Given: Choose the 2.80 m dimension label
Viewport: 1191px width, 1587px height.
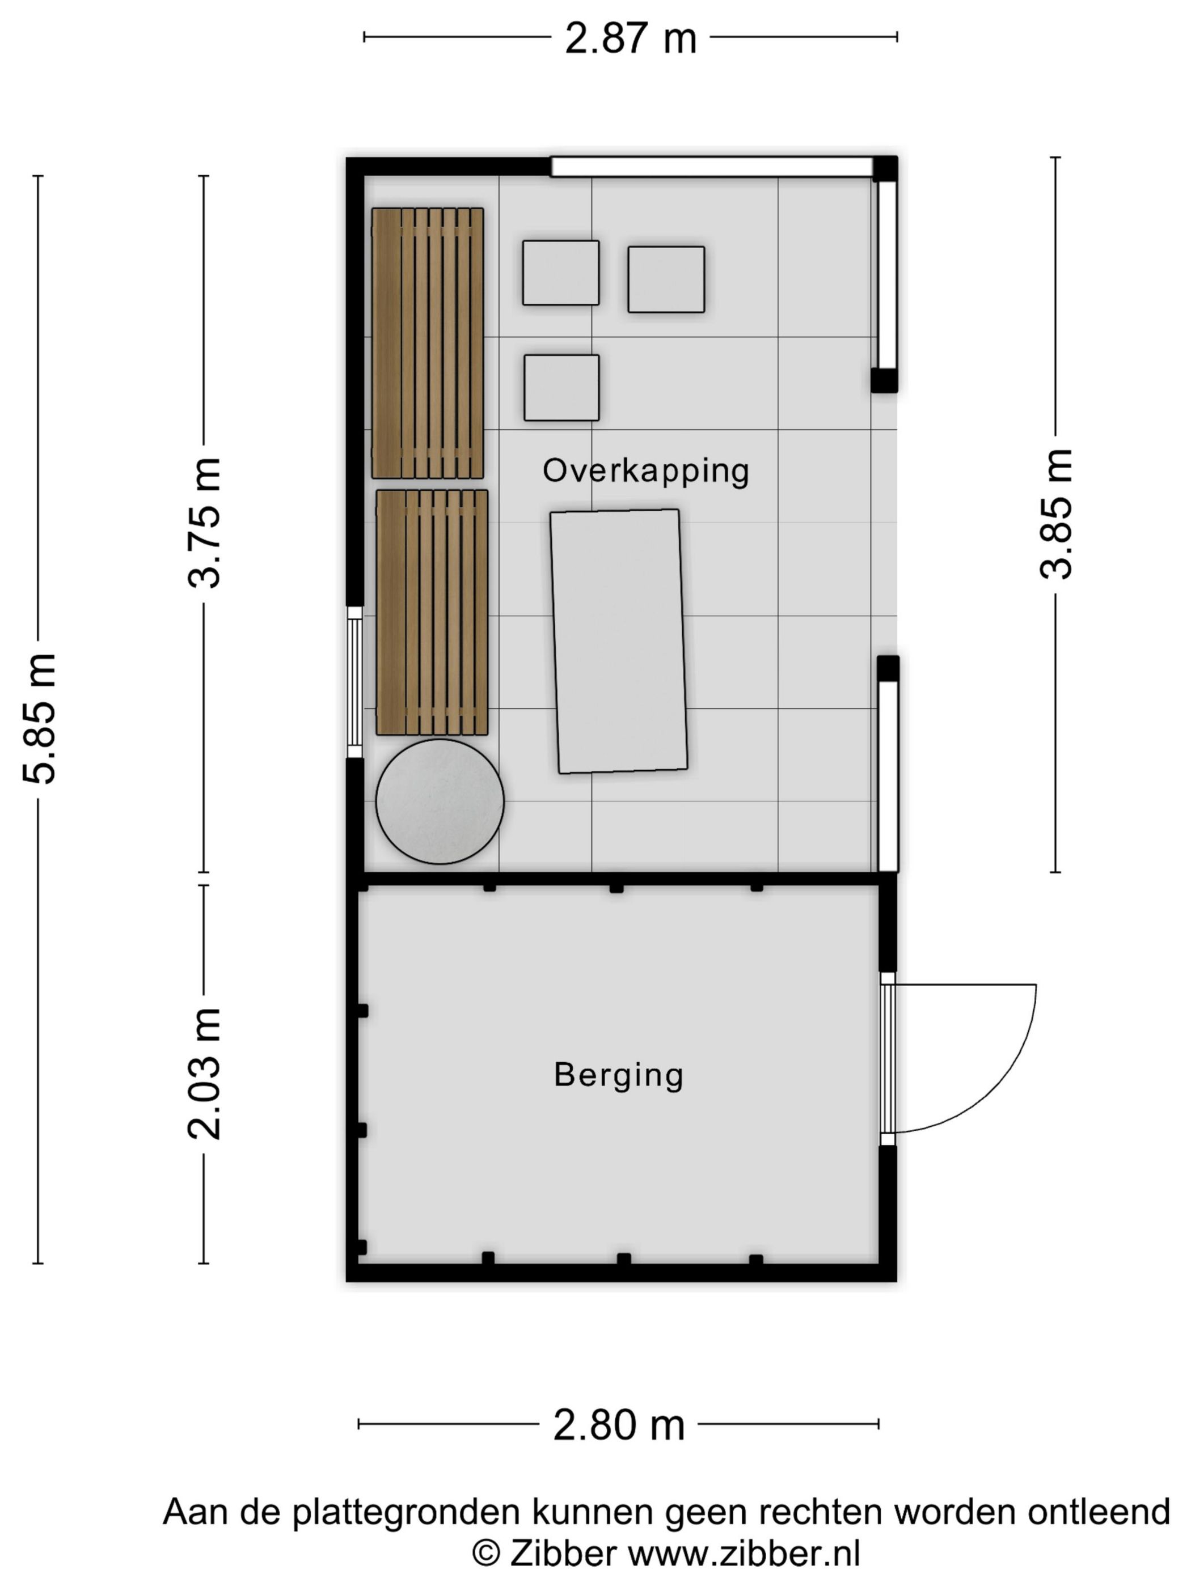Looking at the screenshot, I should (x=618, y=1425).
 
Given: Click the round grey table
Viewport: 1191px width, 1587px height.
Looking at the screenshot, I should (x=440, y=801).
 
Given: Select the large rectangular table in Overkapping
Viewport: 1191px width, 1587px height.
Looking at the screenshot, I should (x=619, y=642).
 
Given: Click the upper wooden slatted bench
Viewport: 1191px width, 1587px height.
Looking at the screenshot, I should (x=427, y=343).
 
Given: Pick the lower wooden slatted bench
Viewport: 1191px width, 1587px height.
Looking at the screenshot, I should (x=432, y=612).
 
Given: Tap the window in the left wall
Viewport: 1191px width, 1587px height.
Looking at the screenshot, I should (x=354, y=682).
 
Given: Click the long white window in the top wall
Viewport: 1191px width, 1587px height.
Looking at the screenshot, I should (x=711, y=167).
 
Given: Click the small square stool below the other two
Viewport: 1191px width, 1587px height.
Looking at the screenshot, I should (x=561, y=388).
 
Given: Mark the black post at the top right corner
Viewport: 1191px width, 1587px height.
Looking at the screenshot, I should (x=884, y=168).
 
